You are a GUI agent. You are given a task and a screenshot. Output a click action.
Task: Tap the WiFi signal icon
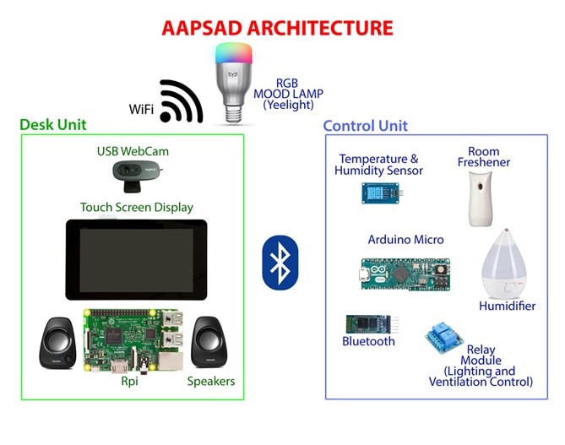(x=181, y=102)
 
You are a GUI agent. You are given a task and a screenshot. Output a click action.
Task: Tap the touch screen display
(x=136, y=259)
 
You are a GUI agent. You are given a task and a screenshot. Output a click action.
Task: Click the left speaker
(x=59, y=342)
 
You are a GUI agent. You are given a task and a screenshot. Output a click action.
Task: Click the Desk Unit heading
(x=53, y=125)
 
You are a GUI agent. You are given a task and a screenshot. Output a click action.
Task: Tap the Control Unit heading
(x=366, y=126)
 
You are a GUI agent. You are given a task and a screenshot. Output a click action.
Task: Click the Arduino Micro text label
(x=405, y=240)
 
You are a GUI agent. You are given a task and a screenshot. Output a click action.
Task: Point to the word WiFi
(x=141, y=109)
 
